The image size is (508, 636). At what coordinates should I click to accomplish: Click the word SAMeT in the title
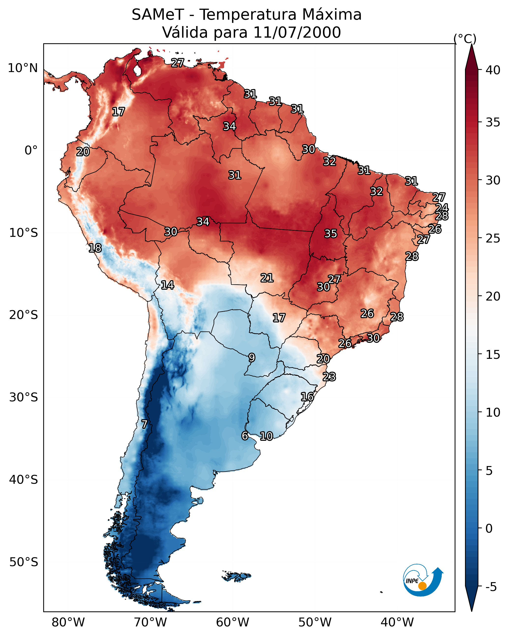point(158,15)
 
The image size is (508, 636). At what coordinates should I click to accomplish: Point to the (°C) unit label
point(465,39)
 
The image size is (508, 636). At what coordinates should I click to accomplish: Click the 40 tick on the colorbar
point(493,70)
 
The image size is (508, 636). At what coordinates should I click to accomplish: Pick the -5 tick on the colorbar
point(491,587)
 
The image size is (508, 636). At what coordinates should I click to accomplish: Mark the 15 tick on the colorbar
point(493,355)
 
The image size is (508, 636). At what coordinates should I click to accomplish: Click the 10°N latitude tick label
point(23,68)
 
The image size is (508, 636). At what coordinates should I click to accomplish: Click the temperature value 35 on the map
point(331,234)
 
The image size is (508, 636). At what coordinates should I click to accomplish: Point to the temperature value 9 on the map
point(251,358)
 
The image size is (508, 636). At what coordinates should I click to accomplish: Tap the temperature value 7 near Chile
point(144,424)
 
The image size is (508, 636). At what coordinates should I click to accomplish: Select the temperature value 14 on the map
point(167,285)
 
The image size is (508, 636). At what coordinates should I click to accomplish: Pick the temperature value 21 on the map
point(267,278)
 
